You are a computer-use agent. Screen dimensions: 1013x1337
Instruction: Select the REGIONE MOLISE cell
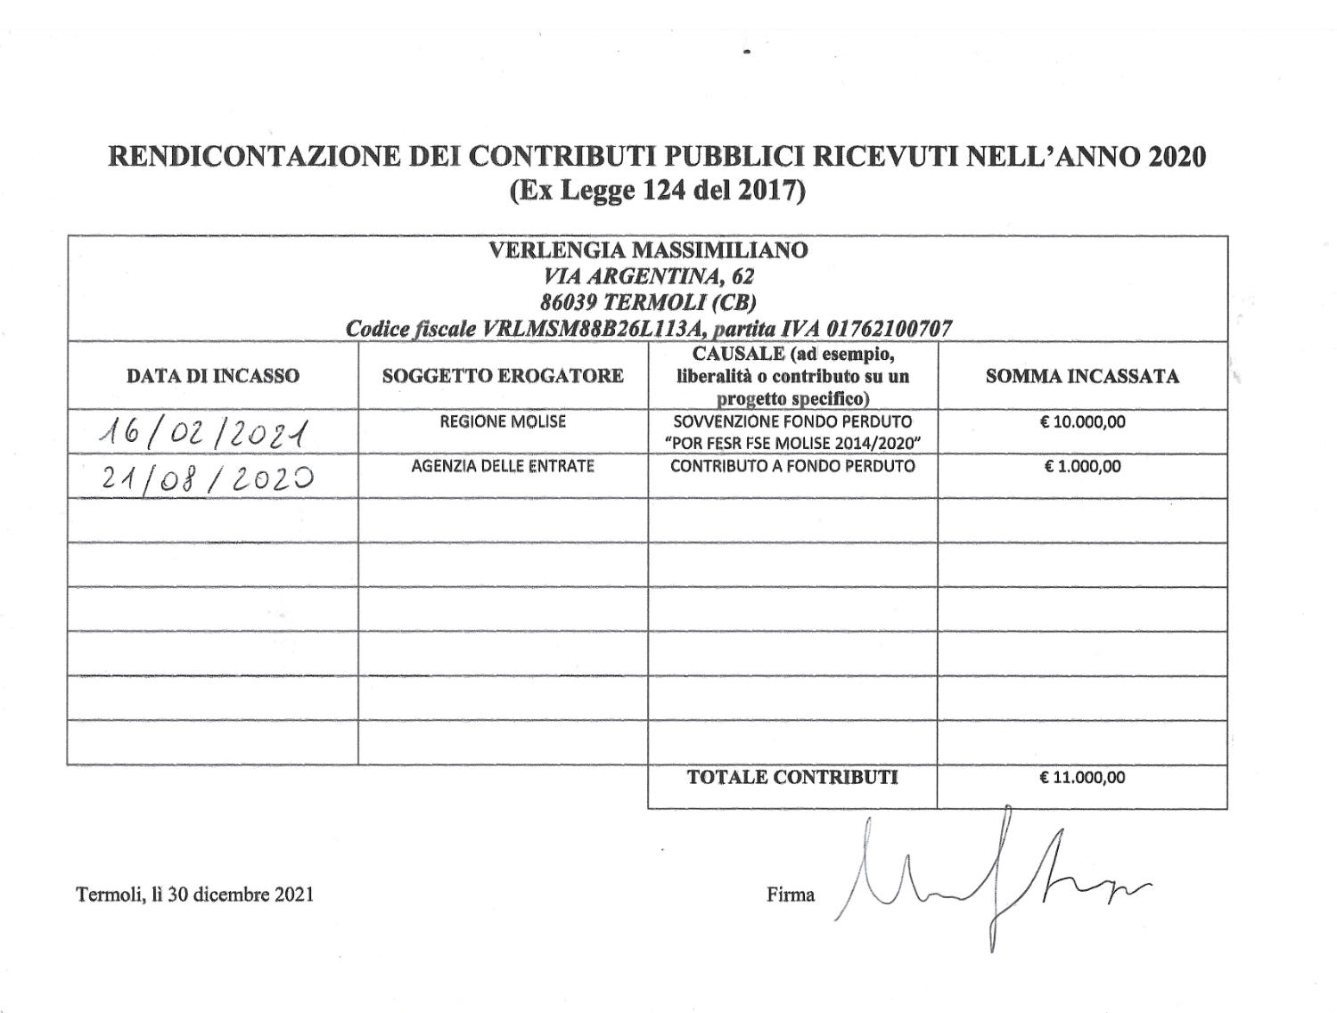[503, 421]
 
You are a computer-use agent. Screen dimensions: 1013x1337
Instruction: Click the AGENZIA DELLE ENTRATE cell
[503, 466]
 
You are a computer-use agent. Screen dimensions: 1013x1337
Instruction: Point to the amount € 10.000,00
[1082, 421]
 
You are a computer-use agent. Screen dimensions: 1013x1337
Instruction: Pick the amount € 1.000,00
[1082, 466]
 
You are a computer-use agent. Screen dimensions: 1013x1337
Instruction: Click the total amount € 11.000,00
[1082, 778]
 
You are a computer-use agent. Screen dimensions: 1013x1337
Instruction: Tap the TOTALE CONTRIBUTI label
[792, 777]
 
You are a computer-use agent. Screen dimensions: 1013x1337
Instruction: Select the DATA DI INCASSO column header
[212, 376]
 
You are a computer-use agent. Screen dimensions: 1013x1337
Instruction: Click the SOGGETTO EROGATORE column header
[503, 376]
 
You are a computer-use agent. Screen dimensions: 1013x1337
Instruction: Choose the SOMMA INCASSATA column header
[1082, 376]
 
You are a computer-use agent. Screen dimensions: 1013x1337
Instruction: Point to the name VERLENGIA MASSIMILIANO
[648, 250]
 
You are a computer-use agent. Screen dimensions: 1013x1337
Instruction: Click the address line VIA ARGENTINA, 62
[648, 276]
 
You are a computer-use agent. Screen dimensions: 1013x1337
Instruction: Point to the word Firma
[791, 895]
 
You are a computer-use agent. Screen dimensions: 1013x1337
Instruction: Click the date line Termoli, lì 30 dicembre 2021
[195, 895]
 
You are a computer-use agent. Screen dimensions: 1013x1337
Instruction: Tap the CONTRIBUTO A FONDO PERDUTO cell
[792, 466]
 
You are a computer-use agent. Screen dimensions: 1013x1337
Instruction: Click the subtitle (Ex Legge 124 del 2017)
[657, 192]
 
